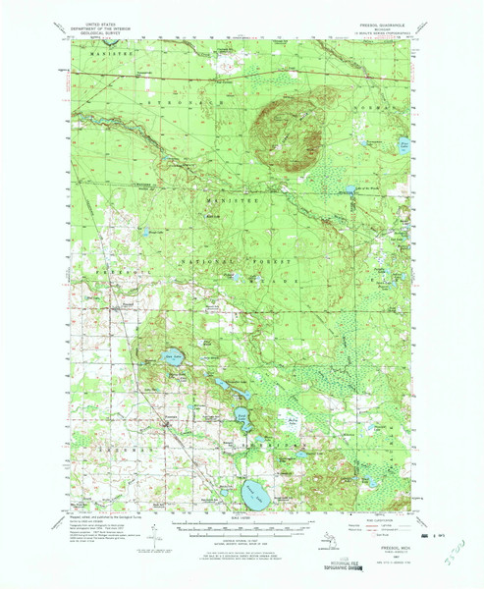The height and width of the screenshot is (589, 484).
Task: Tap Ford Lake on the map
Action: point(242,417)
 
